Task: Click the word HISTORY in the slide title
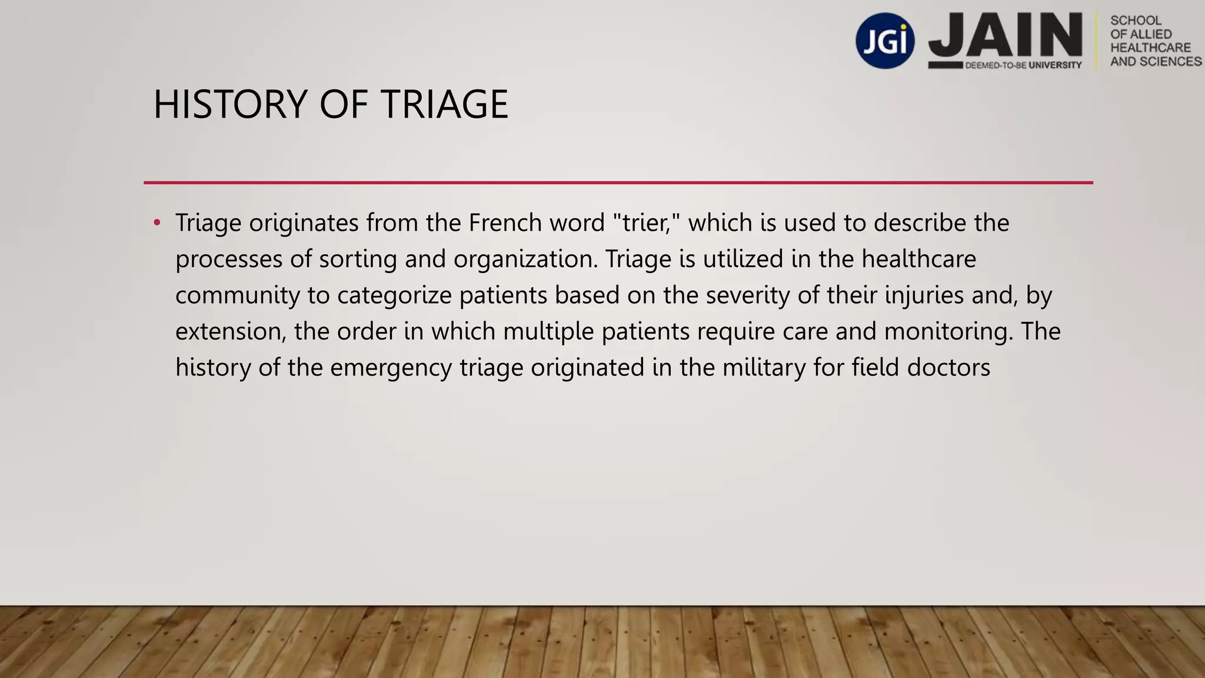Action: pyautogui.click(x=230, y=105)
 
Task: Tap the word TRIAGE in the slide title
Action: pyautogui.click(x=444, y=105)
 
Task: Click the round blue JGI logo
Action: pyautogui.click(x=885, y=41)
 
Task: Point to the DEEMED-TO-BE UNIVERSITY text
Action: pyautogui.click(x=1023, y=65)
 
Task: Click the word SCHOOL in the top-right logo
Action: pyautogui.click(x=1136, y=21)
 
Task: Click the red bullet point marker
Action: pyautogui.click(x=157, y=223)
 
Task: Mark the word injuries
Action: pyautogui.click(x=924, y=295)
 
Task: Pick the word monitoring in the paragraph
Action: pyautogui.click(x=948, y=332)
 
